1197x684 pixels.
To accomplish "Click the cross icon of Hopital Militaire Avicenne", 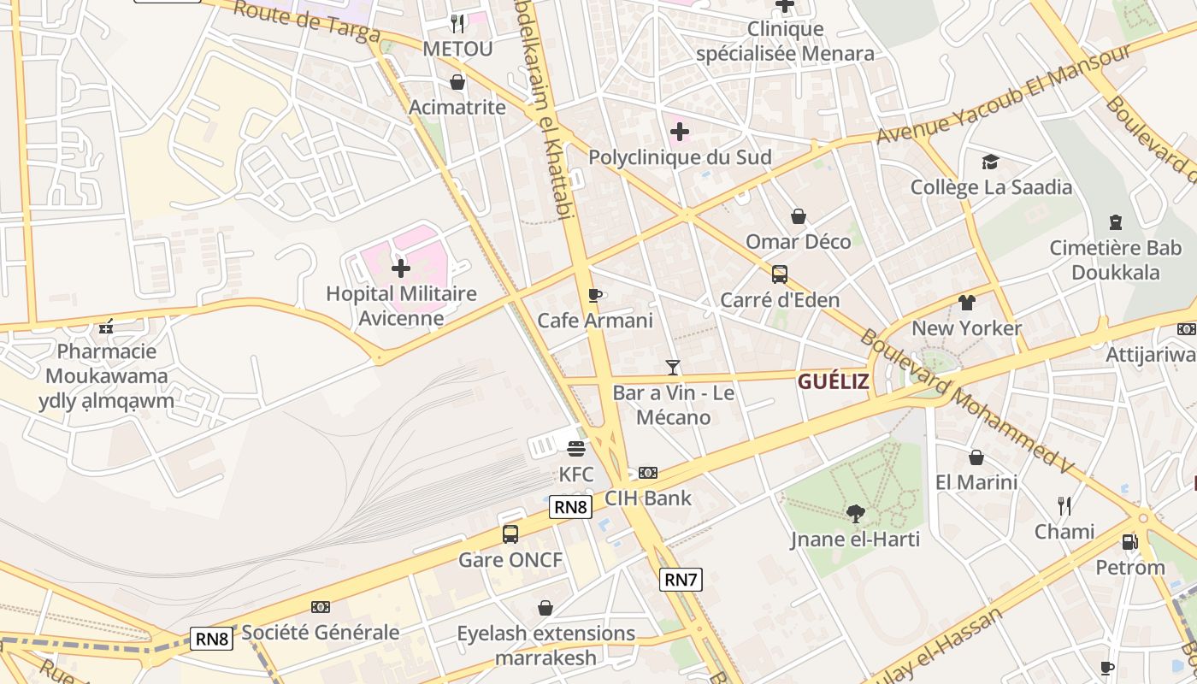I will pos(400,269).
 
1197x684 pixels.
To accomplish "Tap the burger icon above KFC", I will pos(575,449).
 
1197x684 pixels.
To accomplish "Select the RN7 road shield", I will pos(681,580).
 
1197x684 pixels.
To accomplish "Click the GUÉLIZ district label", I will pos(834,381).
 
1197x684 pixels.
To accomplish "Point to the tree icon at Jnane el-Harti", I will pos(855,513).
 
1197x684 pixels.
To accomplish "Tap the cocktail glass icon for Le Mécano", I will pos(673,368).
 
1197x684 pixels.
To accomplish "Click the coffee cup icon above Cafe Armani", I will pos(595,296).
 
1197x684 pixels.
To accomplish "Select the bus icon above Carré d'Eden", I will pos(780,274).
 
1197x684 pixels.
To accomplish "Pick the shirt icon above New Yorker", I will pos(966,303).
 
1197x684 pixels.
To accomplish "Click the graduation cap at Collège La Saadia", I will pos(990,162).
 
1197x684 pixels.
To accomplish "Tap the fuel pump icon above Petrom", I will pos(1129,542).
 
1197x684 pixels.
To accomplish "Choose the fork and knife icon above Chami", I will pos(1064,506).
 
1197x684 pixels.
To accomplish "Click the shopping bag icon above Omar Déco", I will pos(798,216).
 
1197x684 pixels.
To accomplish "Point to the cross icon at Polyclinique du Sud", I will pos(680,132).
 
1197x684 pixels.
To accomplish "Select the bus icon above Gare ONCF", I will pos(510,534).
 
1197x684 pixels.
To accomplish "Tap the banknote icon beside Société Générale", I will pos(321,607).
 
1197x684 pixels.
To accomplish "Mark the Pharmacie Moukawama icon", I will pos(106,326).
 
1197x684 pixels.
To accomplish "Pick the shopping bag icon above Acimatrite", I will pos(457,82).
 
